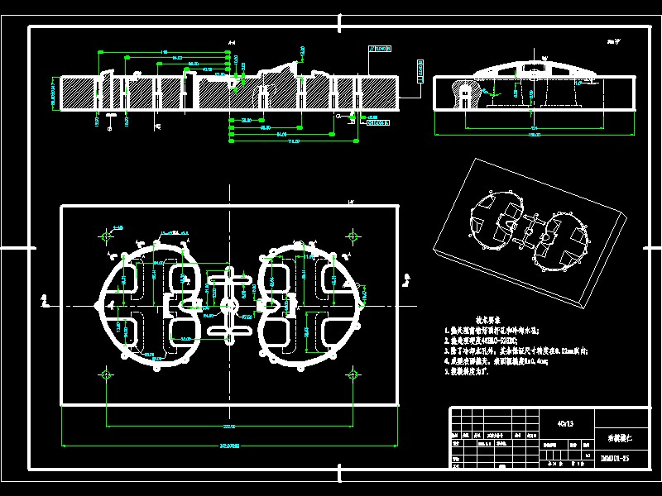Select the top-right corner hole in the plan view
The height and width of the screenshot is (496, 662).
tap(353, 237)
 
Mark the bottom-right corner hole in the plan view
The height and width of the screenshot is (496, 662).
tap(353, 375)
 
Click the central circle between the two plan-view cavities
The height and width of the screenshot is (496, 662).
tap(229, 307)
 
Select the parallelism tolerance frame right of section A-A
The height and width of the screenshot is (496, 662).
tap(381, 50)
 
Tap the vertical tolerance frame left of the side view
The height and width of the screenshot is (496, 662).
tap(419, 72)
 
